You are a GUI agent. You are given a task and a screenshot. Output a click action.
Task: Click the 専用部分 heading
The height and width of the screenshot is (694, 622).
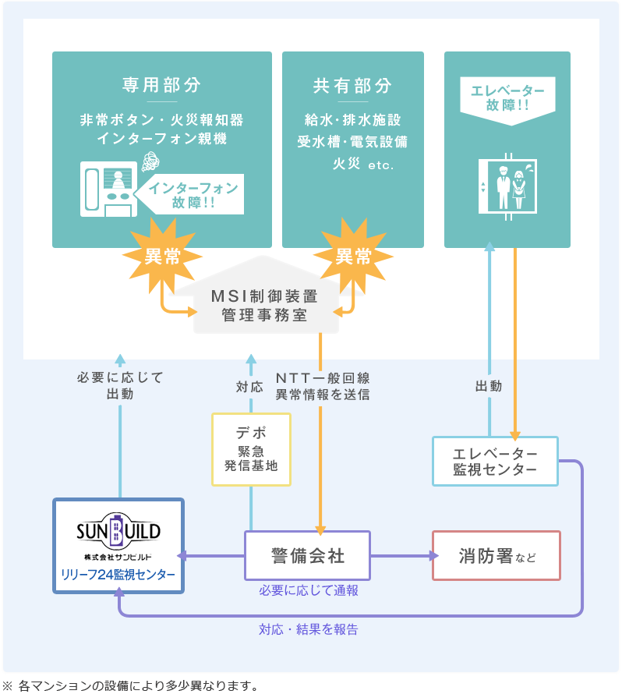click(161, 85)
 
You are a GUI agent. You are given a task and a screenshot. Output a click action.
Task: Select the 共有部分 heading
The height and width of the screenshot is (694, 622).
click(352, 85)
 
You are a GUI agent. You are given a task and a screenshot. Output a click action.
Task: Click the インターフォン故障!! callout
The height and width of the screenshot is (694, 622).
click(192, 195)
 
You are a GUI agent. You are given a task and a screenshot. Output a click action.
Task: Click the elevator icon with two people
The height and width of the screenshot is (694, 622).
click(507, 186)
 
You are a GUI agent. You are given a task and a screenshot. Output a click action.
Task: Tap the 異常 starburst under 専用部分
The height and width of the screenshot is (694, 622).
click(162, 256)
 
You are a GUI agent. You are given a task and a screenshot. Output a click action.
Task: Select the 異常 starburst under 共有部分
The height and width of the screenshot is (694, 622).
click(353, 256)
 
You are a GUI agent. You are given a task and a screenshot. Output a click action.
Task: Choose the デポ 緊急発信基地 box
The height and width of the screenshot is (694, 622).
click(251, 449)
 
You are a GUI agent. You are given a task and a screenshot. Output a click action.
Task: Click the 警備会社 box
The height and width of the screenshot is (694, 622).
click(307, 556)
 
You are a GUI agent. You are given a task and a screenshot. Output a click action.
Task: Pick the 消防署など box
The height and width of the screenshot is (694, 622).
click(496, 556)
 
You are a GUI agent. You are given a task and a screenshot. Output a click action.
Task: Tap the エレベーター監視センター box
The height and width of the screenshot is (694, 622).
click(495, 461)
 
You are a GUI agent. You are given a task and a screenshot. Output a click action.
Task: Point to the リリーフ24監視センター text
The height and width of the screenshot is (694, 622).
click(118, 575)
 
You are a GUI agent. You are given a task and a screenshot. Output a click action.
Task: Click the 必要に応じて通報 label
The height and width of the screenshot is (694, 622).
click(309, 591)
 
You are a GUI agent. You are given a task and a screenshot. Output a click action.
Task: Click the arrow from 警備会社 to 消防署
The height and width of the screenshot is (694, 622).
click(401, 556)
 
